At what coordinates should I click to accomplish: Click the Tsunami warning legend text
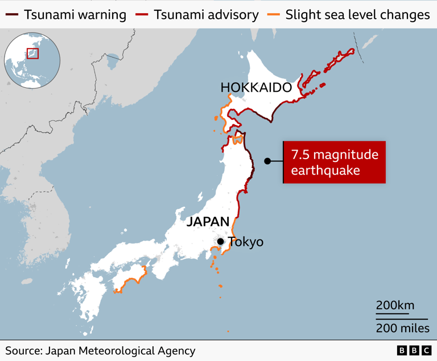coord(75,15)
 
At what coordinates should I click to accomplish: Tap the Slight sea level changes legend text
coord(357,15)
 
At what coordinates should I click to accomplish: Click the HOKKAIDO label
coord(255,87)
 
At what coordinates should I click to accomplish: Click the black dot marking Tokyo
coord(220,242)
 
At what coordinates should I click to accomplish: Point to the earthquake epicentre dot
coord(267,161)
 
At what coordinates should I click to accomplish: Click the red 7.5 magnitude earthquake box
coord(335,163)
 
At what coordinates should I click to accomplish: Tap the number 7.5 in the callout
coord(302,155)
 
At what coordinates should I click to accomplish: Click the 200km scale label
coord(395,305)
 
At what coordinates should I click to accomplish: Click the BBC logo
coord(414,351)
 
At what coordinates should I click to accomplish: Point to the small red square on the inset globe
coord(33,53)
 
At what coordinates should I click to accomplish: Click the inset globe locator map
coord(32,60)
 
